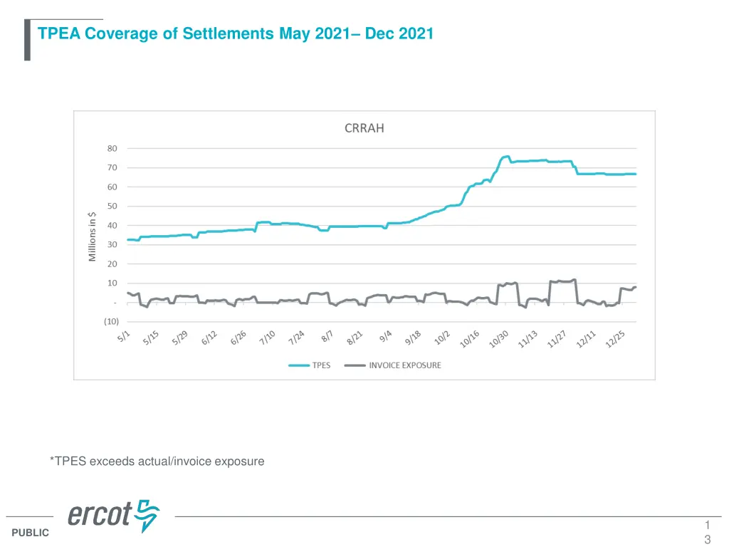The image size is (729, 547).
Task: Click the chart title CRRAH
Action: tap(364, 129)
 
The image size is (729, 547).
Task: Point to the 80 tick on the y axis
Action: tap(112, 149)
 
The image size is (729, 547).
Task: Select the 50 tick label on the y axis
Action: tap(112, 207)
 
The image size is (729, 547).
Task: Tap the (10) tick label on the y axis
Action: tap(111, 321)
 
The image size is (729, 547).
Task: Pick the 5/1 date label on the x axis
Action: tap(123, 335)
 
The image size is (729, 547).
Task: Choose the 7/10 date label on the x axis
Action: tap(267, 337)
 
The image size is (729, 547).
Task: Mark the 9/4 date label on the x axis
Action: tap(385, 335)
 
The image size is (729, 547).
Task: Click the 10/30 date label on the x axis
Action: tap(498, 338)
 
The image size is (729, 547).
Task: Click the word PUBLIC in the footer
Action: tap(31, 532)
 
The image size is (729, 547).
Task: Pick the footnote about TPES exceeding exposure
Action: tap(157, 461)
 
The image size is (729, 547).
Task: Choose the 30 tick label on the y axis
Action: tap(112, 245)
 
